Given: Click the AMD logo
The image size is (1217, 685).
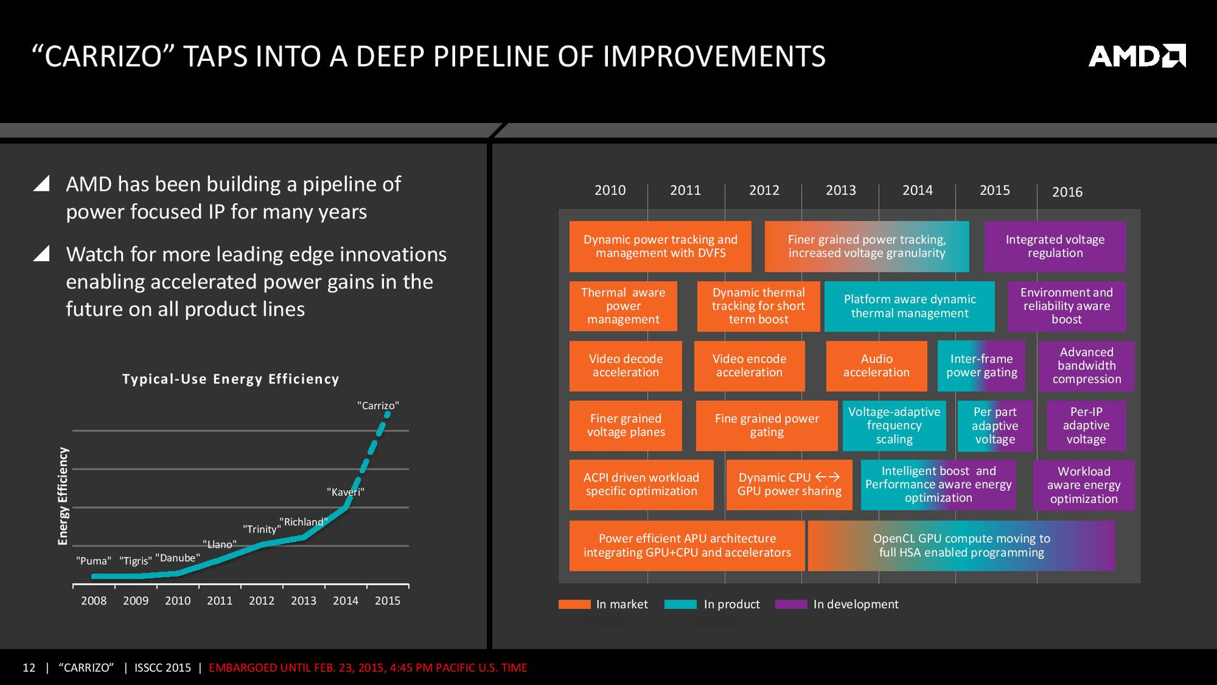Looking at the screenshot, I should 1137,56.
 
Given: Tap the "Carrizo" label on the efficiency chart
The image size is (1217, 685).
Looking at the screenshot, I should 378,405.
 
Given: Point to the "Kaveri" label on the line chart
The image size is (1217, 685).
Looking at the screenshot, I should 345,492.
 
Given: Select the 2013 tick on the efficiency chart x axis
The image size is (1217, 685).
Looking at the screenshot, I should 304,601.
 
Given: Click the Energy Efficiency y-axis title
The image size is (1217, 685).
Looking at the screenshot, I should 63,496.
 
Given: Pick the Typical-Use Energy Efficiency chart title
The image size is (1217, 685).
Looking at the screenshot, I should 231,379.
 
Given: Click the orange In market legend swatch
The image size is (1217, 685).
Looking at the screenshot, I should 574,604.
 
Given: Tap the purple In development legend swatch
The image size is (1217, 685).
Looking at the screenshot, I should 791,604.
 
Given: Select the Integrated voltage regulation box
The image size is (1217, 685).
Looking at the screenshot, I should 1055,246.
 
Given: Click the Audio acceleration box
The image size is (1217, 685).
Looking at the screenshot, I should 876,366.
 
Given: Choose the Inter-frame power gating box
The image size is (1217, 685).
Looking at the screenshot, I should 981,366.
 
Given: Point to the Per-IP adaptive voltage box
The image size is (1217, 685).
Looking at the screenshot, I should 1086,426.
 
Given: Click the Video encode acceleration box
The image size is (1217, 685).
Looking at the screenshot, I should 749,366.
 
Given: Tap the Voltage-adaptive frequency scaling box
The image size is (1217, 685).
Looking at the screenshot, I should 894,426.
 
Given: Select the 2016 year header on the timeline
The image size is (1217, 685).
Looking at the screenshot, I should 1067,192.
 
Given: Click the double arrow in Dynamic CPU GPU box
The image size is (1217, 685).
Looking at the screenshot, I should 827,477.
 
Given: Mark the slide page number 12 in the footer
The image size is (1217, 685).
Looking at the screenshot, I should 29,668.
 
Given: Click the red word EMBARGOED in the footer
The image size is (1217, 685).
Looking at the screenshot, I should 243,668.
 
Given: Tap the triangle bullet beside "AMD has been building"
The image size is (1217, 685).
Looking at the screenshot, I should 42,184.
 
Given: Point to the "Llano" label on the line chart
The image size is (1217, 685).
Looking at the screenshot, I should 219,544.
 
